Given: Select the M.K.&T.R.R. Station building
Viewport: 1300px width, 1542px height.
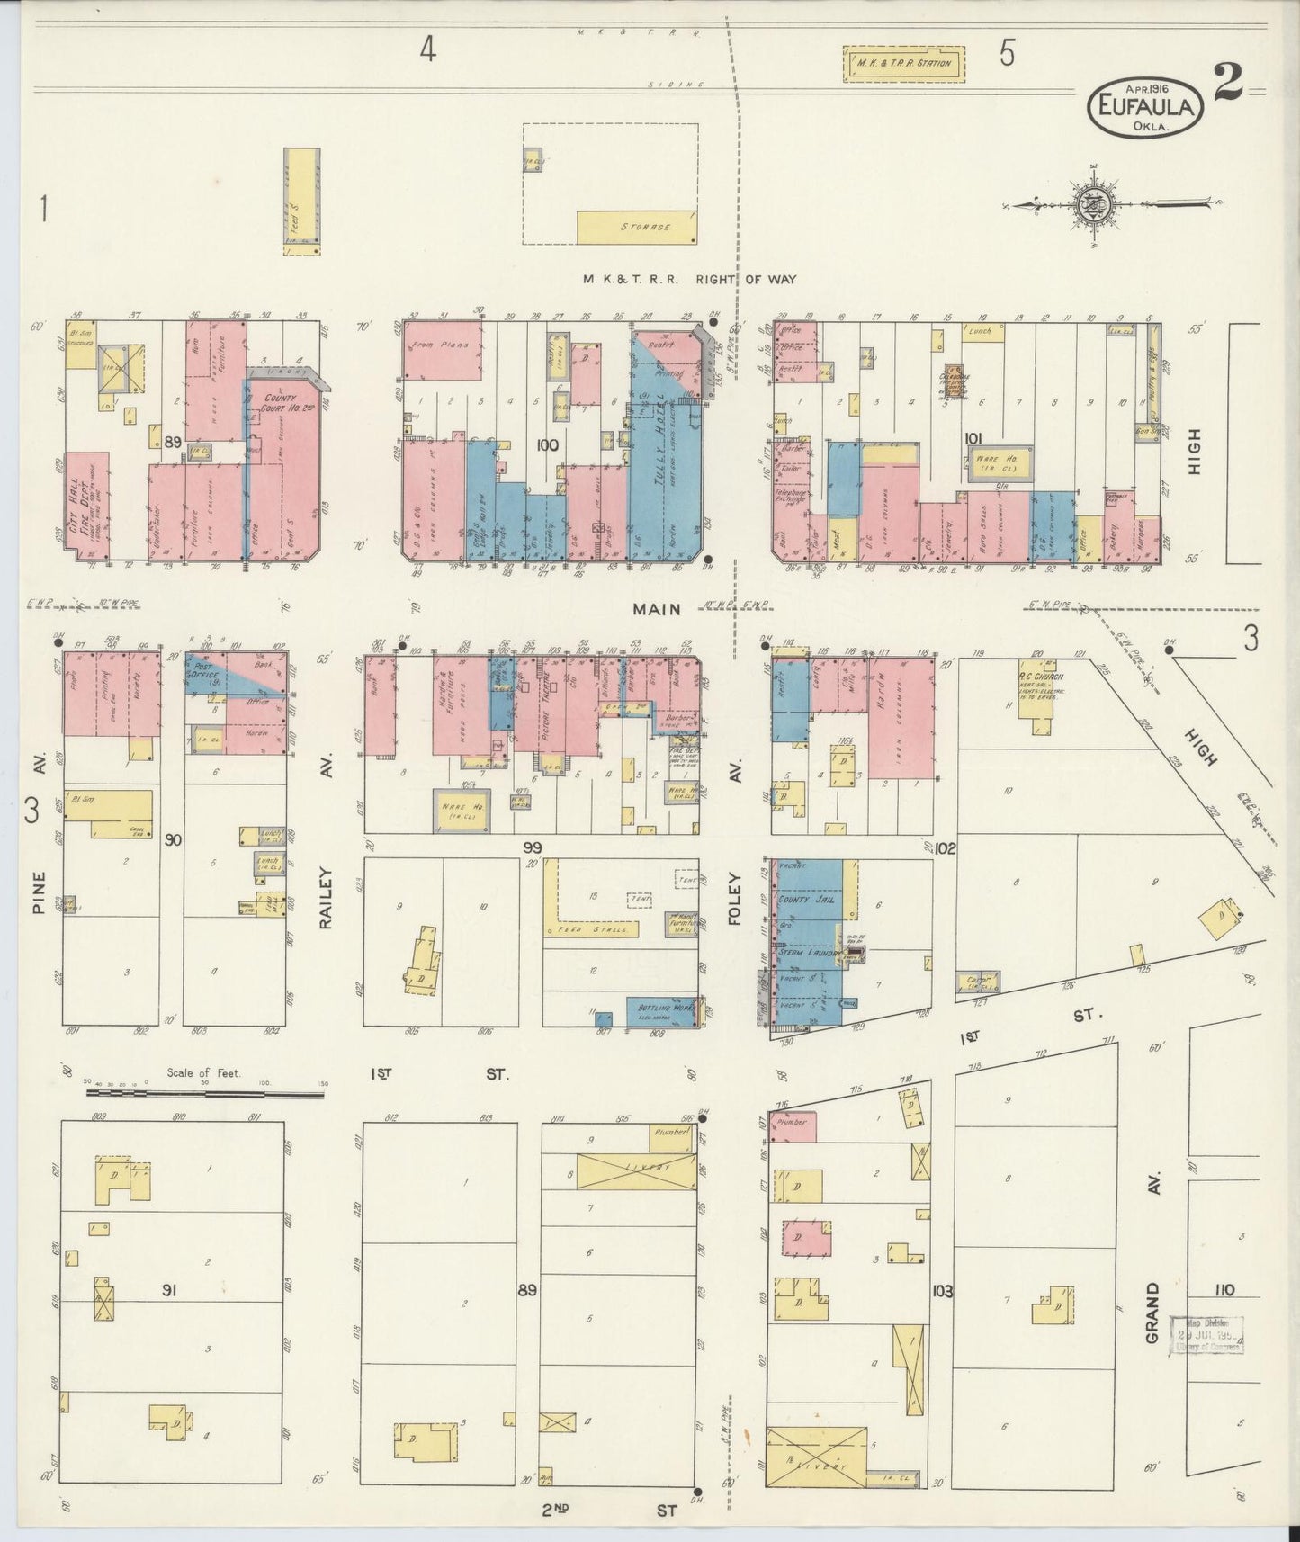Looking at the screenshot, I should [903, 64].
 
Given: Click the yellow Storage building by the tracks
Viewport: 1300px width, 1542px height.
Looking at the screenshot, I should [636, 228].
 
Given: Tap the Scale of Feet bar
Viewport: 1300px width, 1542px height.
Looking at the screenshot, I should [205, 1094].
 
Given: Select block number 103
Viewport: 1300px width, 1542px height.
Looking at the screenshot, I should [942, 1291].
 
